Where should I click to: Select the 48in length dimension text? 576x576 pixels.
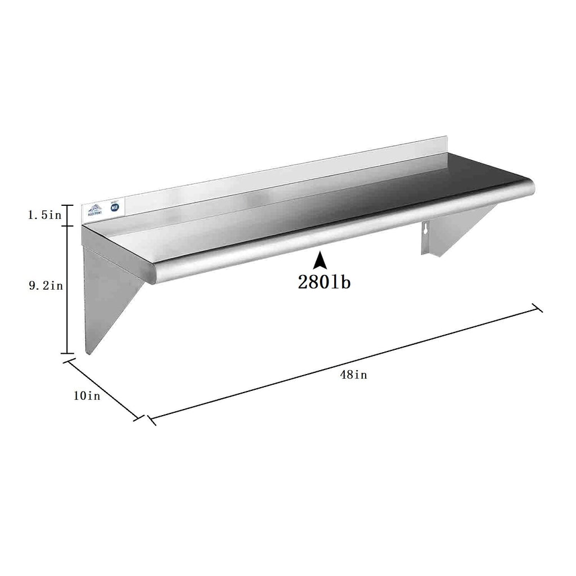coord(353,375)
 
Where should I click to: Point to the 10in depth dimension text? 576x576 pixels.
coord(87,396)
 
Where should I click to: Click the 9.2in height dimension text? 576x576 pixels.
coord(46,286)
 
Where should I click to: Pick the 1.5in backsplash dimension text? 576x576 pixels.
coord(46,215)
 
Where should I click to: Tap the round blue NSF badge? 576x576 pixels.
coord(114,207)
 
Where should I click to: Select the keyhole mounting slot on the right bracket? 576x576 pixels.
coord(426,230)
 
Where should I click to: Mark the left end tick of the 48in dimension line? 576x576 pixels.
coord(150,420)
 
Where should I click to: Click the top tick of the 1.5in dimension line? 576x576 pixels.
coord(67,205)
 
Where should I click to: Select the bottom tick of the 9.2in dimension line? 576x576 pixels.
coord(67,353)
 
